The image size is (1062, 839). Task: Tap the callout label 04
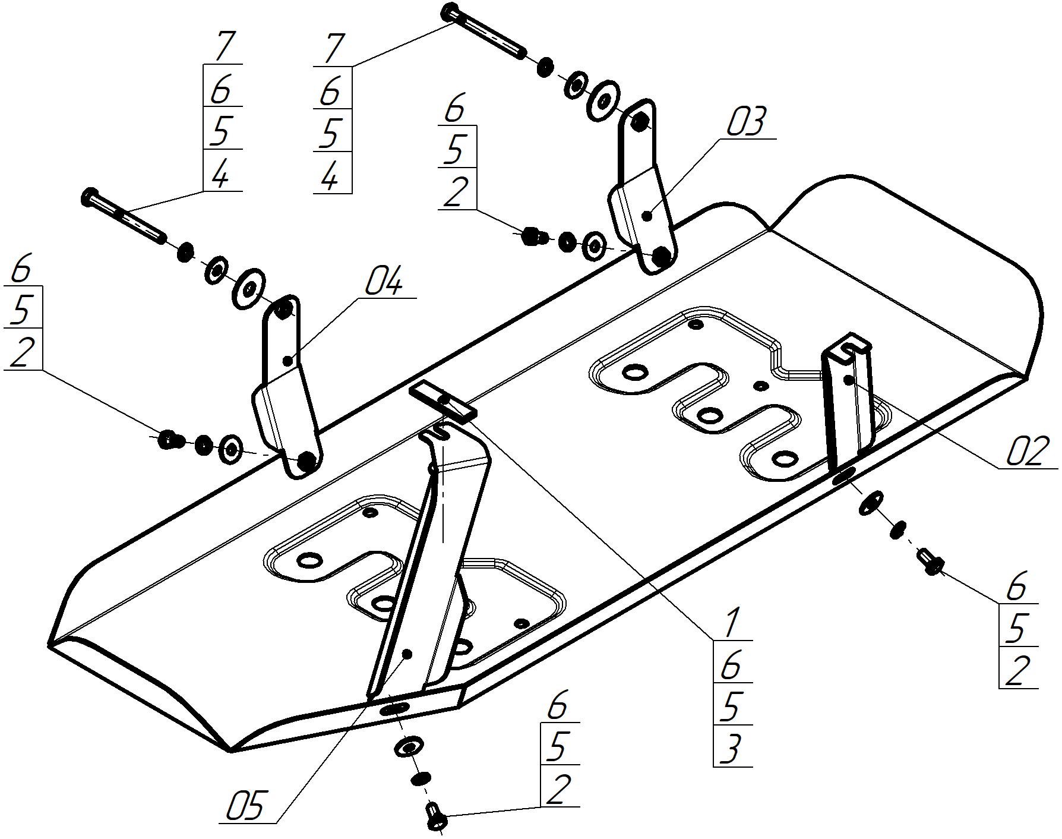383,282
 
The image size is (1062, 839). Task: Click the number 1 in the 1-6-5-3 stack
731,622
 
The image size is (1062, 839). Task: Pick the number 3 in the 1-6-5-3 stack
731,748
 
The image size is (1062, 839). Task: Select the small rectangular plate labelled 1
443,401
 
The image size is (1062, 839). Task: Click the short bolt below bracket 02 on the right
930,562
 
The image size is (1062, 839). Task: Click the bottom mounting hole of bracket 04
306,460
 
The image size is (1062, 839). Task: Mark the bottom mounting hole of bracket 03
660,257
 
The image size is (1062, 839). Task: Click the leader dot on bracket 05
407,654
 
